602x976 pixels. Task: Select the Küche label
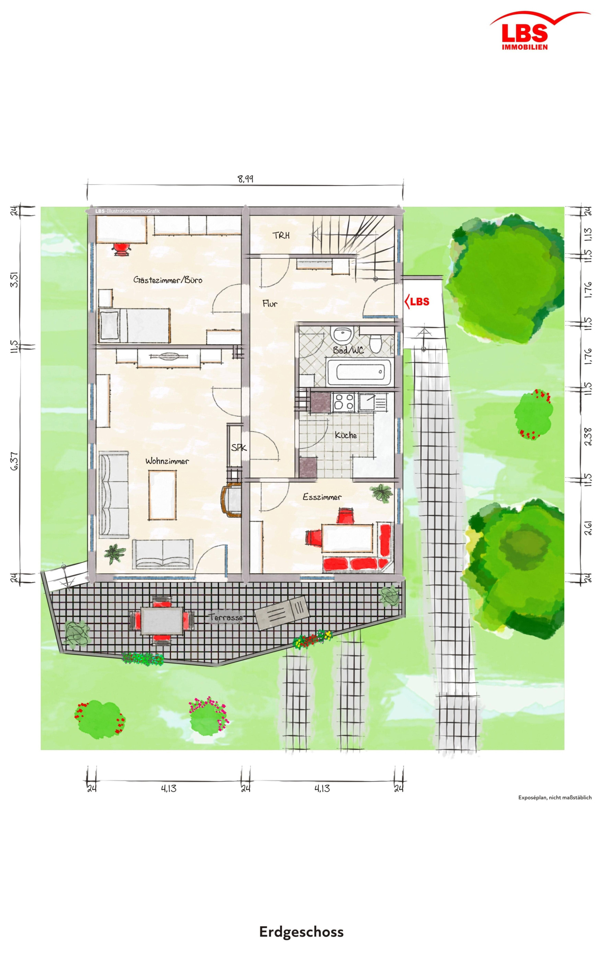click(x=346, y=435)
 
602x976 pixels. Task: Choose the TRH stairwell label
click(x=281, y=236)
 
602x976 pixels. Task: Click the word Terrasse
click(x=225, y=617)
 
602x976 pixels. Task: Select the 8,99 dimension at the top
click(x=246, y=179)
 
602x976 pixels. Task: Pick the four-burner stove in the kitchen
click(x=344, y=402)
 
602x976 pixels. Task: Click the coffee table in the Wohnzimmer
click(x=163, y=494)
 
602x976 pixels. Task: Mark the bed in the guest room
click(x=134, y=326)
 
